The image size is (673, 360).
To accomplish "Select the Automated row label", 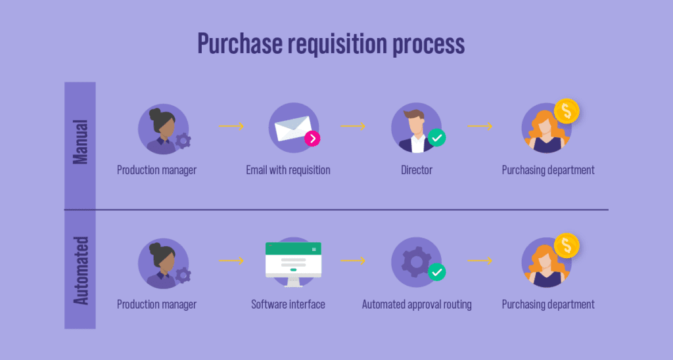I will point(80,271).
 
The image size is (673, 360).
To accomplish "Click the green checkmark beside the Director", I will point(436,138).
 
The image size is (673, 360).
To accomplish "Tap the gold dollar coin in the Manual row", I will point(566,111).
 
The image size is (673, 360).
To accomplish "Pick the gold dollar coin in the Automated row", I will point(566,246).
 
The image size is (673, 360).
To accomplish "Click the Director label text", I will point(417,170).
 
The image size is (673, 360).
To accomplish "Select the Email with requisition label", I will point(288,170).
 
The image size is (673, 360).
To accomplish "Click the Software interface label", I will point(288,305).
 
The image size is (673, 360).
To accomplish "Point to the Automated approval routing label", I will point(417,305).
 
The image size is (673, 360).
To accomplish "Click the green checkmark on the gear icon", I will point(436,271).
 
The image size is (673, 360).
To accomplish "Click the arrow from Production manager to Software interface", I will point(231,261).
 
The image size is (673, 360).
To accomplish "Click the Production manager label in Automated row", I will point(156,305).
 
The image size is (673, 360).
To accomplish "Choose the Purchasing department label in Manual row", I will point(548,170).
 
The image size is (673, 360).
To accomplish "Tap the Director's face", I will point(413,124).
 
